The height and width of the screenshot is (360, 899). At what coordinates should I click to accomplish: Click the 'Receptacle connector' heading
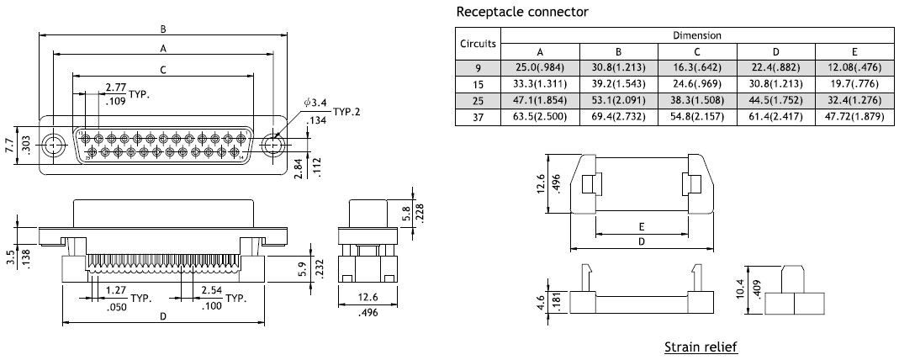521,12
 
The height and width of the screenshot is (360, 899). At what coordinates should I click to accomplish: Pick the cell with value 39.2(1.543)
618,84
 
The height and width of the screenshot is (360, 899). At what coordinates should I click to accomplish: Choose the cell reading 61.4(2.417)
775,117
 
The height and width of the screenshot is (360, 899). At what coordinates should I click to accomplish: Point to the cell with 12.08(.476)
854,66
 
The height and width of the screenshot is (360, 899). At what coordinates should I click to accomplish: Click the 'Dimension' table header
697,35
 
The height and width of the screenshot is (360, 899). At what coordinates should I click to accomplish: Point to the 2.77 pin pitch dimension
117,87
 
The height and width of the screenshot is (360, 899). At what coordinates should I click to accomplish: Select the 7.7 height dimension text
8,146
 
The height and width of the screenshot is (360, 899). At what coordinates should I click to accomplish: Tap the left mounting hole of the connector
56,146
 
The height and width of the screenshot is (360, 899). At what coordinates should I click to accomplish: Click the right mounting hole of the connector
272,146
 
